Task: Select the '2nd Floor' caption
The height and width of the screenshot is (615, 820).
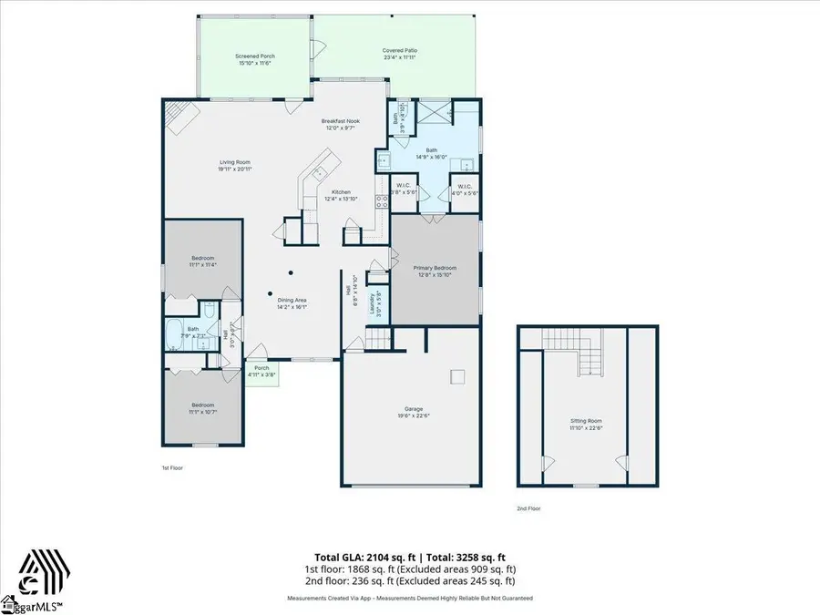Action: coord(528,508)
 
